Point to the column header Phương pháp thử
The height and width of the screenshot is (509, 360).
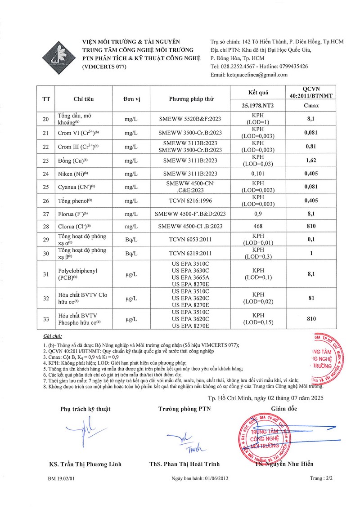pos(191,99)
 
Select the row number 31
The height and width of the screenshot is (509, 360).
pos(46,275)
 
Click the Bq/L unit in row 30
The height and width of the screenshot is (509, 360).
pos(131,253)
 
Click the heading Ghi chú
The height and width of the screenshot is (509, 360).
pos(53,336)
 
